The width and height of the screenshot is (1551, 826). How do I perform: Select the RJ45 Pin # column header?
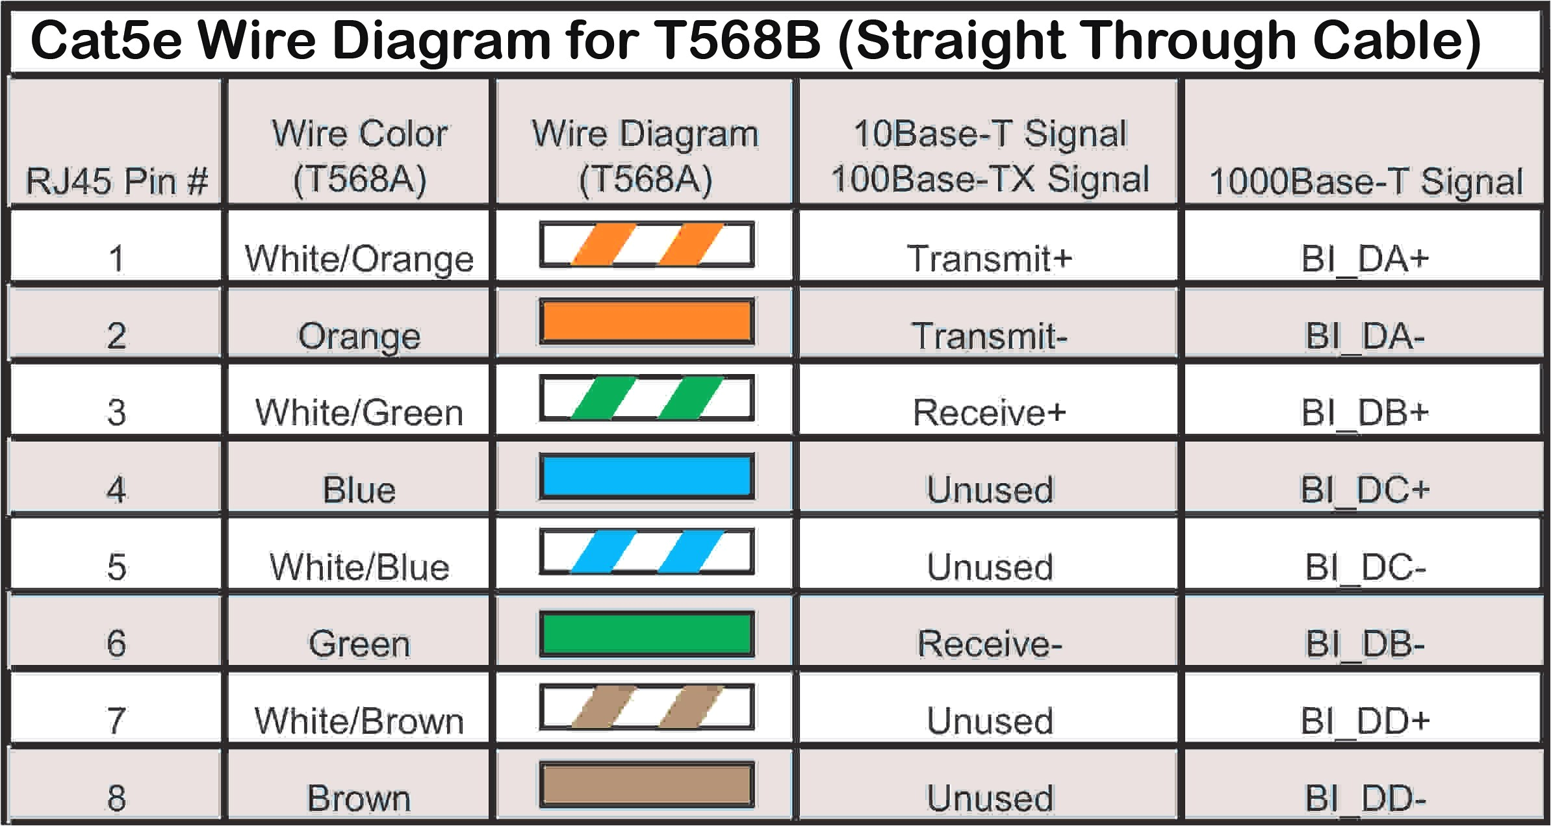116,180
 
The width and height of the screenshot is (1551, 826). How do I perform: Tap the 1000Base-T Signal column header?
1365,181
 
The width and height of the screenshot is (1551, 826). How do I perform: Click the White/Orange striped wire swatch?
647,245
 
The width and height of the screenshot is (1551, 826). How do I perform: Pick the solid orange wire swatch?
647,321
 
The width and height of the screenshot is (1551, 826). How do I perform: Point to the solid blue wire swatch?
647,476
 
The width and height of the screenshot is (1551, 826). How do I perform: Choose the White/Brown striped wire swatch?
647,707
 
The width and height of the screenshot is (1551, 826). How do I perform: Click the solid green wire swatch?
647,633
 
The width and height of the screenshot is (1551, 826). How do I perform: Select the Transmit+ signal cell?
989,258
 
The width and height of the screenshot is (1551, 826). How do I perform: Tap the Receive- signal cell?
989,644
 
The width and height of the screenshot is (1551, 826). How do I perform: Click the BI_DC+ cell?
1365,490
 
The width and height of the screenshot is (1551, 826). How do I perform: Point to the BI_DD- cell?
1365,798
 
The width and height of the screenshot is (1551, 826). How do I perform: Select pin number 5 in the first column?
116,566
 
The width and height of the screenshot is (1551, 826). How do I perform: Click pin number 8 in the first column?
116,798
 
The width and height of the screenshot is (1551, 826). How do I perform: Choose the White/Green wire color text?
359,412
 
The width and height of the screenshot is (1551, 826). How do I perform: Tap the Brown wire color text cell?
359,798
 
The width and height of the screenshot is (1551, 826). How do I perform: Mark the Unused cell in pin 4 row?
989,490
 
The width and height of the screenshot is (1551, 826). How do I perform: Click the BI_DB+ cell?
1365,412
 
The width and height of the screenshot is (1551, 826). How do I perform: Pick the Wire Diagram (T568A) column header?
645,156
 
